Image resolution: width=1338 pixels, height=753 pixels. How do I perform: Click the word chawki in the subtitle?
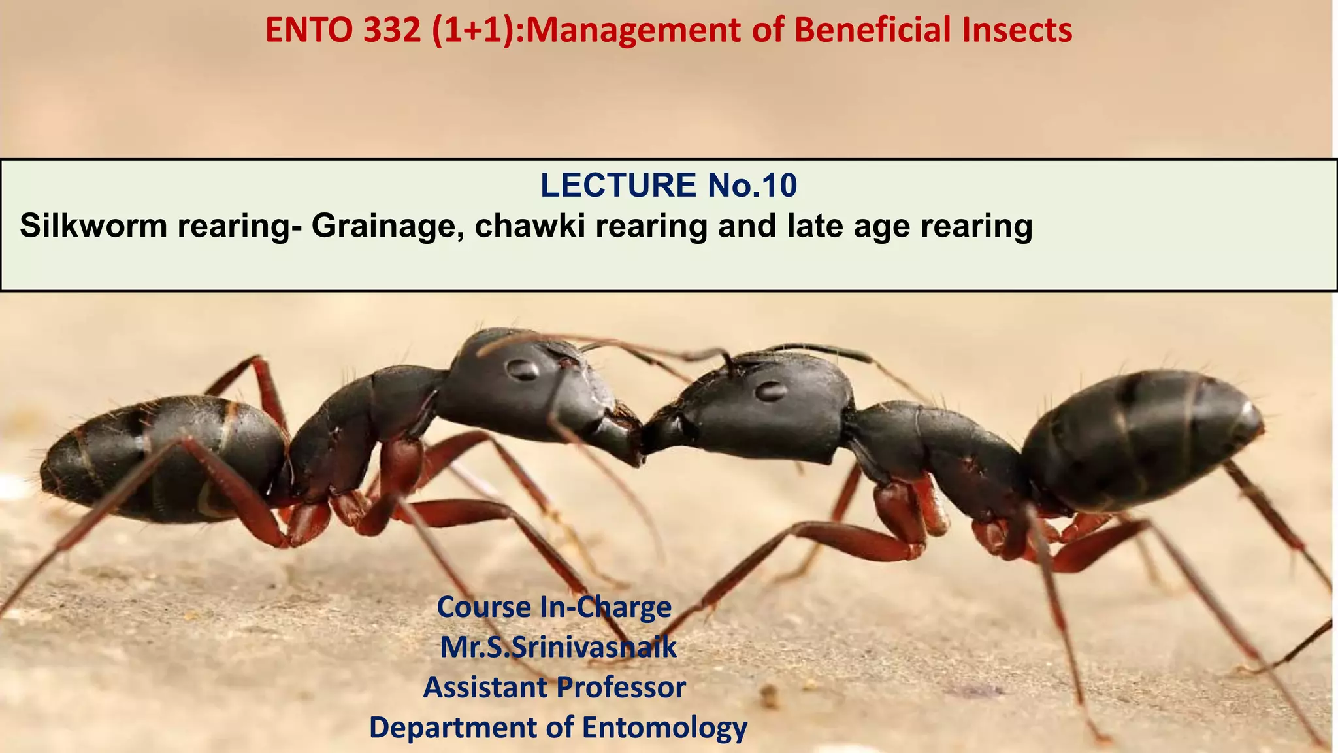coord(530,226)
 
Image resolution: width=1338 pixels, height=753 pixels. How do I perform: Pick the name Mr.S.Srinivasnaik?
coord(559,648)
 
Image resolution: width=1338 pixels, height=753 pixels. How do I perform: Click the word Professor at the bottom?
coord(621,688)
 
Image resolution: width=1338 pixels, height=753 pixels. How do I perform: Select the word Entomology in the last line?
coord(664,728)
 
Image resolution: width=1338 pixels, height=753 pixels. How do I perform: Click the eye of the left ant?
coord(523,370)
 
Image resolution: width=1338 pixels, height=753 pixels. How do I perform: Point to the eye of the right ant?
coord(771,391)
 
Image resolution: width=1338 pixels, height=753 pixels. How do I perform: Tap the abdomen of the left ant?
coord(163,458)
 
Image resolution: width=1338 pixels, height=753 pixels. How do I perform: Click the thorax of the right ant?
coord(934,451)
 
